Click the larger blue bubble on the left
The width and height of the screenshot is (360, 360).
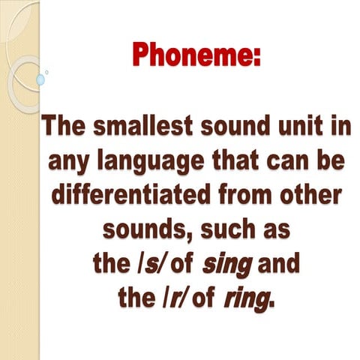click(x=40, y=79)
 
